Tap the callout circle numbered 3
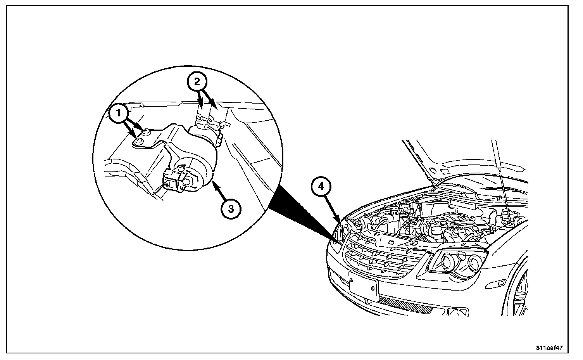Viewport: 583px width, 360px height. (x=230, y=209)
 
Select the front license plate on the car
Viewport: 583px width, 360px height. (x=363, y=286)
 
